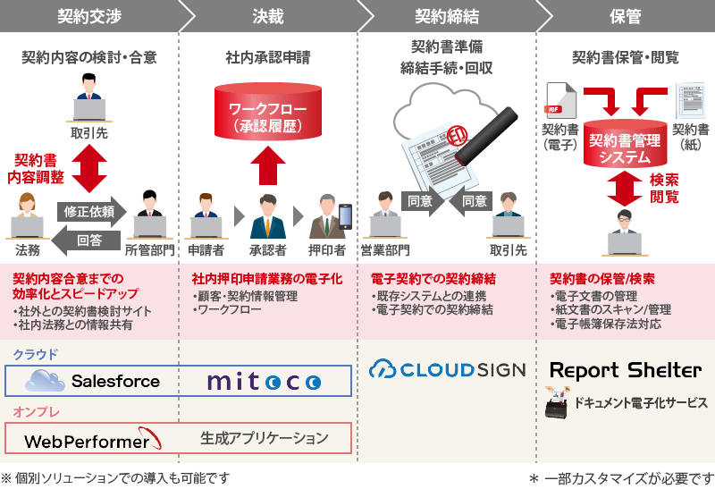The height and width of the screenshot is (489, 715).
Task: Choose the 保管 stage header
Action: pyautogui.click(x=625, y=15)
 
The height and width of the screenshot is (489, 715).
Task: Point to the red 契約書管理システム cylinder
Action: pyautogui.click(x=625, y=143)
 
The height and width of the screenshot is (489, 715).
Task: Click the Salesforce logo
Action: pyautogui.click(x=93, y=381)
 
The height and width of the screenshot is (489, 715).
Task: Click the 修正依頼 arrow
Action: pyautogui.click(x=89, y=212)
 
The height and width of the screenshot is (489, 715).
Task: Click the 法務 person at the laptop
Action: pyautogui.click(x=27, y=219)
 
